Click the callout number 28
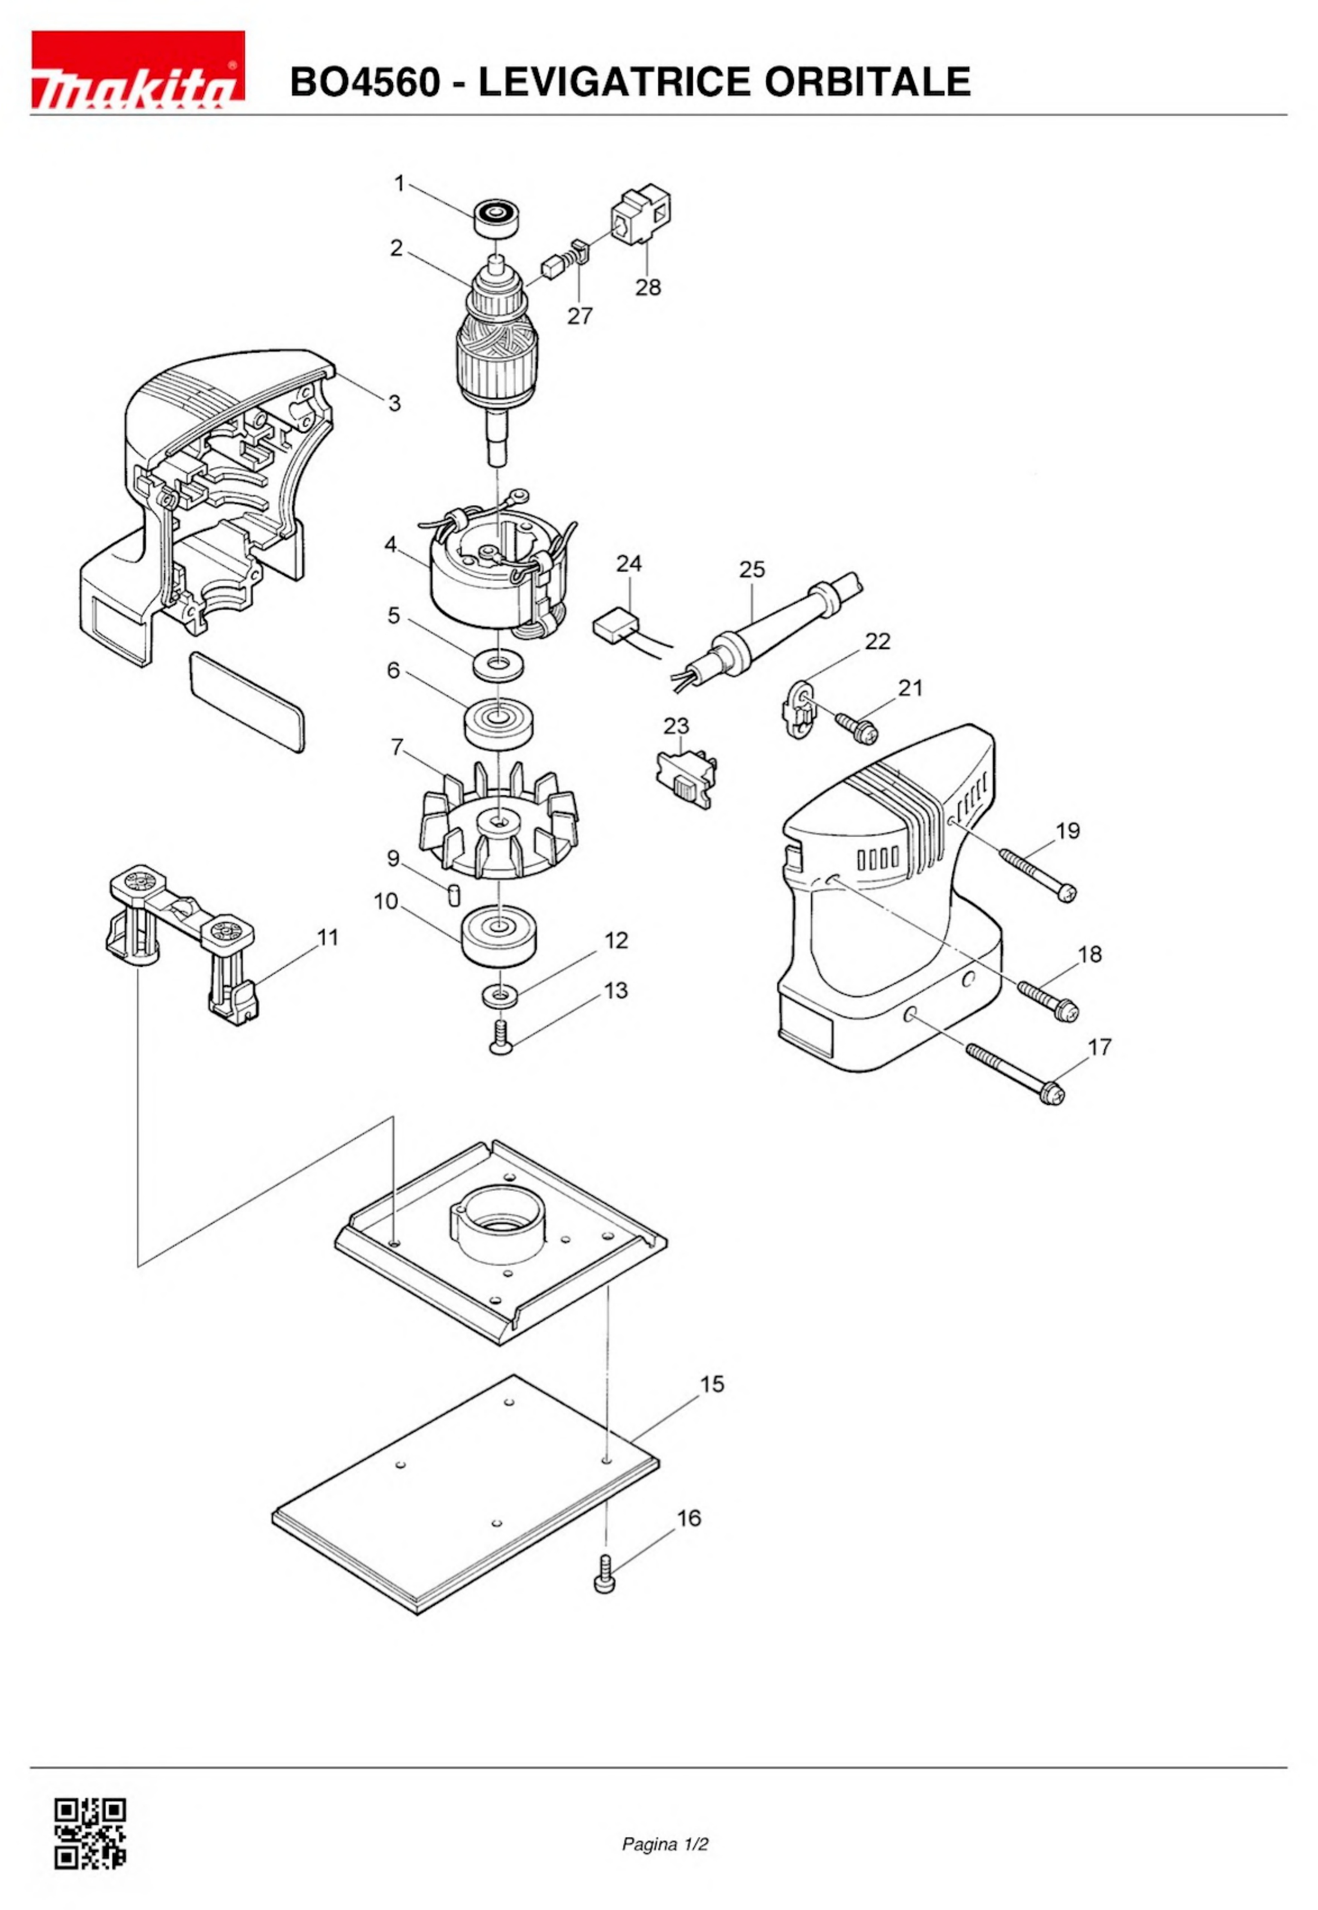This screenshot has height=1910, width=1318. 648,287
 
